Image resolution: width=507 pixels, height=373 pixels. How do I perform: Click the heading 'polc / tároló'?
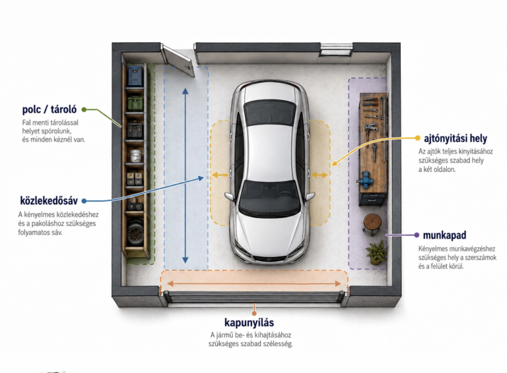tap(50, 109)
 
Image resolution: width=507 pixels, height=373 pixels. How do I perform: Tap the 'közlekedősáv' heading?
tap(49, 201)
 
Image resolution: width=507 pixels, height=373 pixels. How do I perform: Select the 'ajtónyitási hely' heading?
tap(456, 138)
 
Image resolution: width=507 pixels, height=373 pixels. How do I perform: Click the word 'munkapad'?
tap(444, 235)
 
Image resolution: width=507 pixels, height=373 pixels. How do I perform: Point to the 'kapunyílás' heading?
tap(249, 322)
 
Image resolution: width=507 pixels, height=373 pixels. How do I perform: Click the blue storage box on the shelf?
tap(135, 76)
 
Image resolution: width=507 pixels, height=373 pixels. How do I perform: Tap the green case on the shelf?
tap(135, 103)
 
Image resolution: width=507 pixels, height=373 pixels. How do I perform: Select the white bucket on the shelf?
tap(136, 156)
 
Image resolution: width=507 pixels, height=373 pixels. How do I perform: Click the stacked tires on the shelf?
tap(135, 232)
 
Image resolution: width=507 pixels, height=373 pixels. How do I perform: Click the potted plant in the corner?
tap(376, 252)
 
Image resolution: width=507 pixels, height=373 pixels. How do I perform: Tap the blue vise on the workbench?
tap(366, 180)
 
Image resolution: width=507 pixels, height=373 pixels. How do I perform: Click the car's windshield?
tap(270, 197)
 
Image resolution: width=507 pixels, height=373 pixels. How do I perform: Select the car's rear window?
tap(269, 111)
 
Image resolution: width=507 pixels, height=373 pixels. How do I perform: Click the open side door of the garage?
tap(178, 61)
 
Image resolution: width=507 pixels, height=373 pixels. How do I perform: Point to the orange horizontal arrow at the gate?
tap(254, 283)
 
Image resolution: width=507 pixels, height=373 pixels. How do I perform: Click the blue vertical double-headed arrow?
tap(186, 175)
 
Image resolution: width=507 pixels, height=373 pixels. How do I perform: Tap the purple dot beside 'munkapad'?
tap(417, 235)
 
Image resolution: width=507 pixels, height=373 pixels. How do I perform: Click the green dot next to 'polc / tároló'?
tap(84, 109)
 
